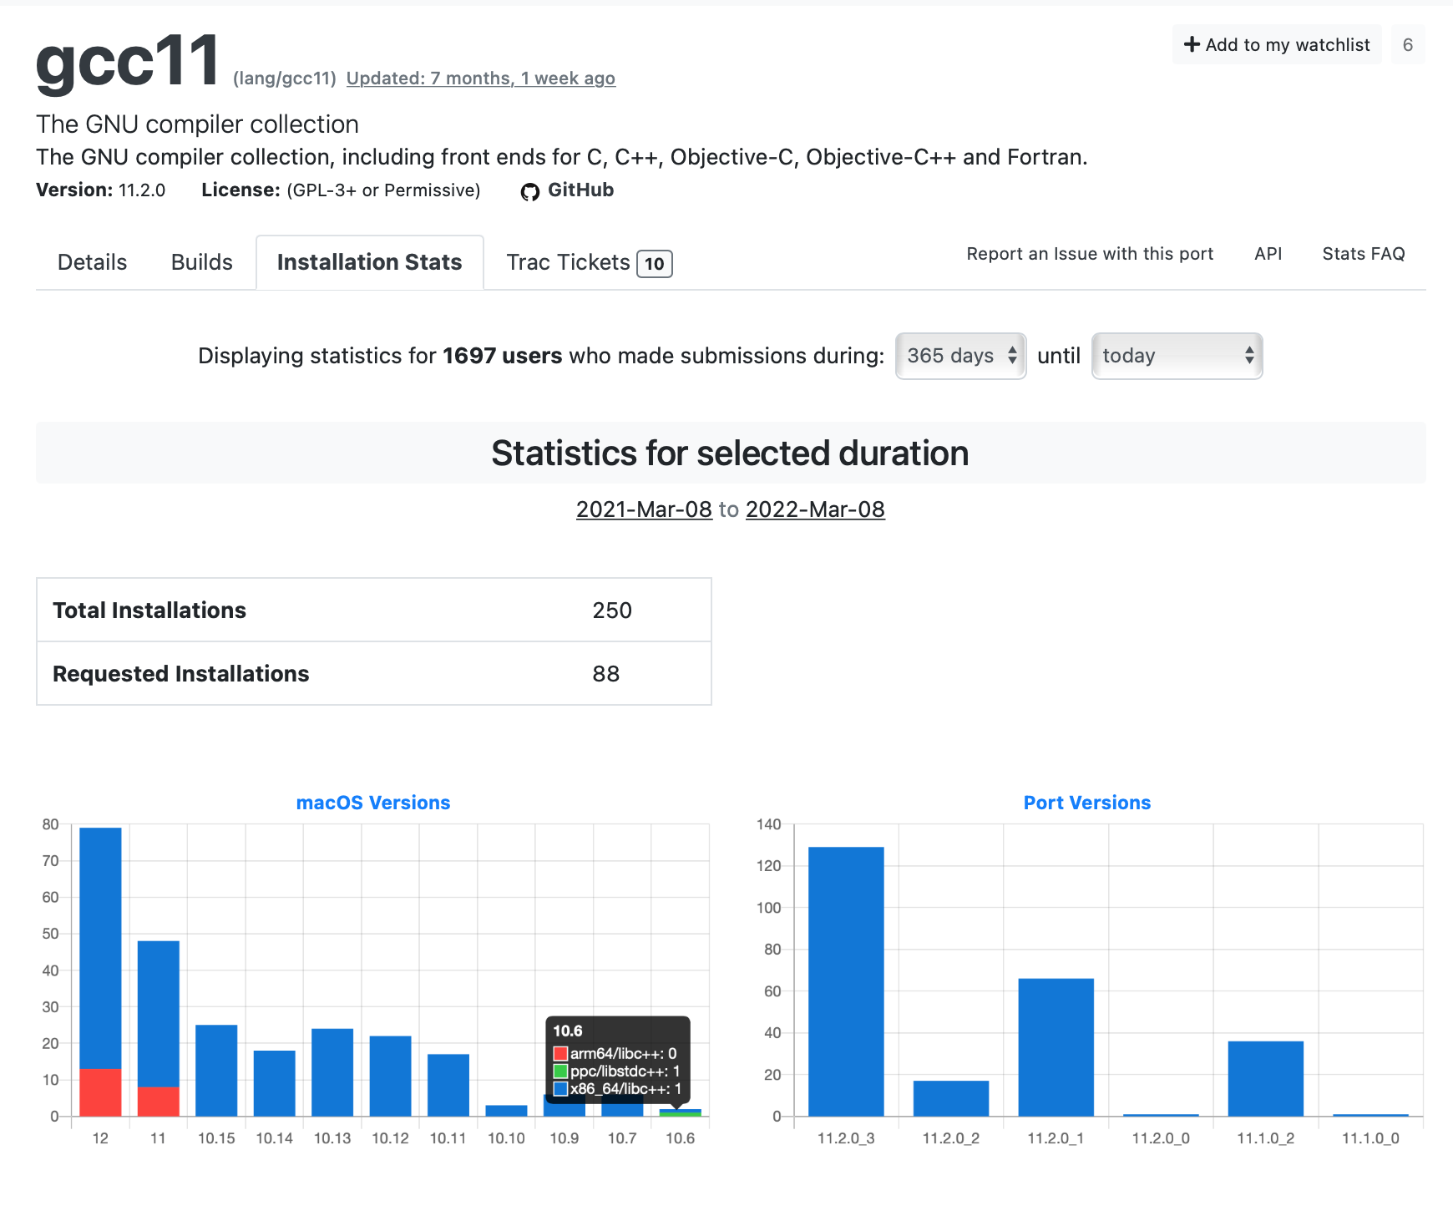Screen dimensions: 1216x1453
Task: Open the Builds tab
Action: (201, 262)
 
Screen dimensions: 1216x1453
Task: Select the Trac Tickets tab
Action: (588, 262)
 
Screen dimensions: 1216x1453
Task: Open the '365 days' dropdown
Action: (960, 356)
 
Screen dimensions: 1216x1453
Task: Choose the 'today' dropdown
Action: (1177, 356)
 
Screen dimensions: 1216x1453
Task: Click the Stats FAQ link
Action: (1363, 254)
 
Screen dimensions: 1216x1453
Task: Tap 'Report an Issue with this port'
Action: (1090, 254)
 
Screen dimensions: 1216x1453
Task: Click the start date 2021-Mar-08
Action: (644, 509)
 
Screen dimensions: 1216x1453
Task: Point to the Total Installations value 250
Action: (612, 611)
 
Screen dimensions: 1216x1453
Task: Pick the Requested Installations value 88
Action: (606, 674)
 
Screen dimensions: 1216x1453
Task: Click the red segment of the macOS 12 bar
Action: (100, 1092)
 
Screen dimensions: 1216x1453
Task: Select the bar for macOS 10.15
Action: (216, 1071)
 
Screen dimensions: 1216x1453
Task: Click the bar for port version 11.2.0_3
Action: (846, 981)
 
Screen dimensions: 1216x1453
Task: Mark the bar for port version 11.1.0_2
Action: (1265, 1078)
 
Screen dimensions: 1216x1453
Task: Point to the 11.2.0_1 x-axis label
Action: (1056, 1138)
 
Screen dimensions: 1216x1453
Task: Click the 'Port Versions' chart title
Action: (1086, 803)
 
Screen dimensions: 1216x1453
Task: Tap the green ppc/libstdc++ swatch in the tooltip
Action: (561, 1072)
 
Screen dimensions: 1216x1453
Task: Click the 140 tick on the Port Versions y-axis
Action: (768, 824)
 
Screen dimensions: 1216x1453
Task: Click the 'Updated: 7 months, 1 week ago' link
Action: (480, 79)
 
